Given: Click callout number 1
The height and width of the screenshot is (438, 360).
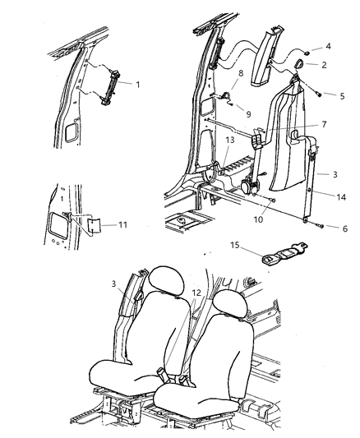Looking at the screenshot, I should coord(138,84).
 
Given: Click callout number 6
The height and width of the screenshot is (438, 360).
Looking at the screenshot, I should coord(335,228).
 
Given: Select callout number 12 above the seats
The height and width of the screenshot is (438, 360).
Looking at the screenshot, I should coord(195,293).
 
